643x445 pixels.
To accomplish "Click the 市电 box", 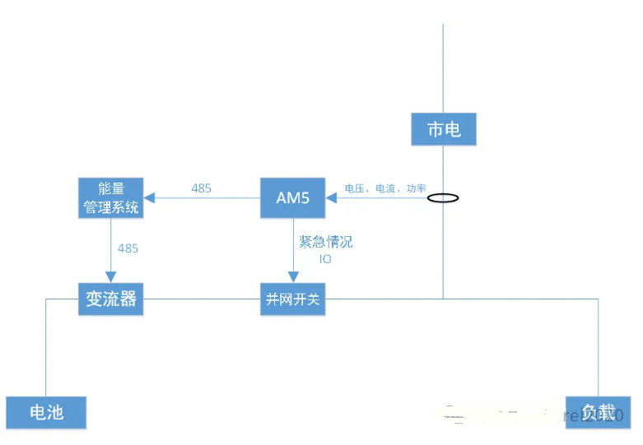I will [444, 129].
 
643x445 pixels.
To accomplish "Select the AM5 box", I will [292, 197].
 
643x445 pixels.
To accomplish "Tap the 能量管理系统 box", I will [110, 197].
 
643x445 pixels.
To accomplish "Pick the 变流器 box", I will [110, 299].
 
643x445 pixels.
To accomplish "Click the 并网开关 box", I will [292, 299].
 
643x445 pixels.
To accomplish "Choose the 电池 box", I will [46, 412].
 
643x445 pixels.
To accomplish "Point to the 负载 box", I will [598, 412].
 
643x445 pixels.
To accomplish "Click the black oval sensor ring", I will [443, 197].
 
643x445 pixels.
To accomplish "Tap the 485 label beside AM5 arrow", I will [201, 188].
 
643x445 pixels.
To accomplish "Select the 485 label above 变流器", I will [128, 248].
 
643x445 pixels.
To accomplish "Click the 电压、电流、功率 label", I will [385, 188].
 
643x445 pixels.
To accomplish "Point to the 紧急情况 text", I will [325, 242].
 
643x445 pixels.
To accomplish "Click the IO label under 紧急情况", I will [325, 258].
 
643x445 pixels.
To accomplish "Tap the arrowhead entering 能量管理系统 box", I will [148, 197].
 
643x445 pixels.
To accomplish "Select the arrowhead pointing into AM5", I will [331, 197].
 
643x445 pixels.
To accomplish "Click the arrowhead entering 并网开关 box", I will [292, 278].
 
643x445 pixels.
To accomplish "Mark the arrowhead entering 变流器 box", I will [110, 278].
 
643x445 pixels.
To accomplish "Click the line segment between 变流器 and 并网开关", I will [202, 299].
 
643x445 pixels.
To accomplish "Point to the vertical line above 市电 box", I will [444, 66].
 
